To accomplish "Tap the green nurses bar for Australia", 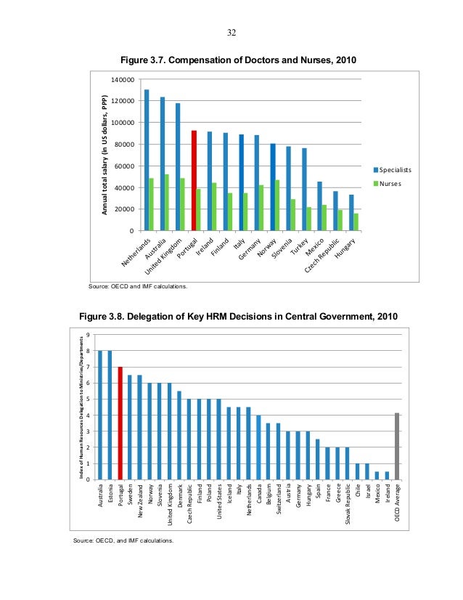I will point(168,203).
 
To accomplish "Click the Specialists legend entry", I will point(392,169).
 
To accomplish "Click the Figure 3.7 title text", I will point(241,60).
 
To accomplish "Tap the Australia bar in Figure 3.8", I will point(101,415).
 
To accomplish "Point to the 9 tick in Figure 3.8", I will point(88,335).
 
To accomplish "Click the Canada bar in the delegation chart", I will point(258,447).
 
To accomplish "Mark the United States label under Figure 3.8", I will point(218,506).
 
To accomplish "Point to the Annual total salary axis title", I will point(105,155).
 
